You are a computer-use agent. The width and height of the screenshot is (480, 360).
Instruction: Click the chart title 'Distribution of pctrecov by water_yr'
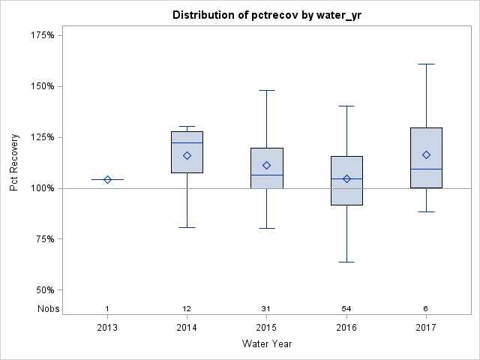pos(266,15)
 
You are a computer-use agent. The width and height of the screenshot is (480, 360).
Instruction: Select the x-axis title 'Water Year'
pos(266,343)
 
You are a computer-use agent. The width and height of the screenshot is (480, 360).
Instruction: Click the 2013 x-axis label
pos(107,327)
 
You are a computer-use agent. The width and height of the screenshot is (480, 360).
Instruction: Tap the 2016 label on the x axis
pos(346,327)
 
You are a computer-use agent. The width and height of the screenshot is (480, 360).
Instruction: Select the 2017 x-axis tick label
pos(426,327)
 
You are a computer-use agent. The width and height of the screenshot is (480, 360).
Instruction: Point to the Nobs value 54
pos(346,308)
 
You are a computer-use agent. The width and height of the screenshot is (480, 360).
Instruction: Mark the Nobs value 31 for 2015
pos(266,308)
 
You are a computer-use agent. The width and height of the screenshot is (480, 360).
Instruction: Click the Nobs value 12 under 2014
pos(187,308)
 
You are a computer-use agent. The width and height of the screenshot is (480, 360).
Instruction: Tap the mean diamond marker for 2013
pos(107,179)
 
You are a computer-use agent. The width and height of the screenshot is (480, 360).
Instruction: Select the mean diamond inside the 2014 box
pos(187,155)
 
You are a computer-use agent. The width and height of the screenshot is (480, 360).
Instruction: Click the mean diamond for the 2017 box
pos(426,154)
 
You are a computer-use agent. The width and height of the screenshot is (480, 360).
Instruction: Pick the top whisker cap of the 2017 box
pos(426,64)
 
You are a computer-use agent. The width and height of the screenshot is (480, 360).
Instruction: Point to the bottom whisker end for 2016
pos(346,262)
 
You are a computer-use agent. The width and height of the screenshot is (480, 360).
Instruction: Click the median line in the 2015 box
pos(266,175)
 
